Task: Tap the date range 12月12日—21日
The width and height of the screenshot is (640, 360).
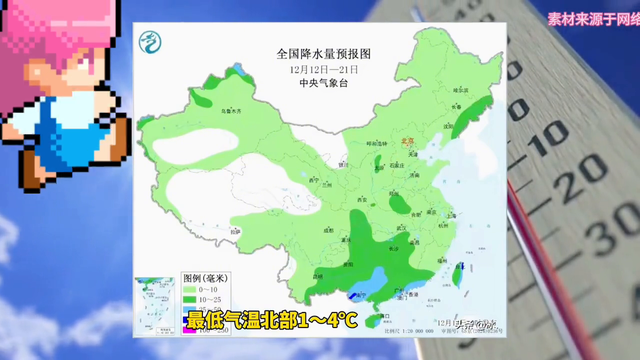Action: coord(309,69)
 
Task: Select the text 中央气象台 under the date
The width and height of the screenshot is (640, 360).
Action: coord(309,84)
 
